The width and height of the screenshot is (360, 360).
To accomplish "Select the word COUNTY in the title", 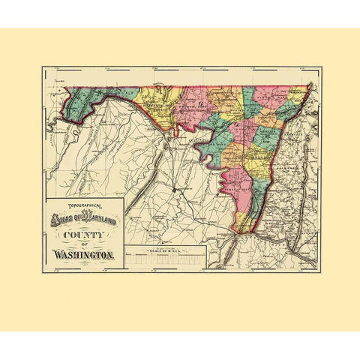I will tap(85, 235).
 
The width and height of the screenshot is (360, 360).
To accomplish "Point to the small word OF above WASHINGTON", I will tap(83, 246).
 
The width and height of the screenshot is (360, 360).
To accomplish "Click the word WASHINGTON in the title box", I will tap(83, 256).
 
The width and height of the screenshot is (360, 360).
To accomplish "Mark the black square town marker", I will tap(174, 190).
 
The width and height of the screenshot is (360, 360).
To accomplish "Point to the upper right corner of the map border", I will tap(322, 67).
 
